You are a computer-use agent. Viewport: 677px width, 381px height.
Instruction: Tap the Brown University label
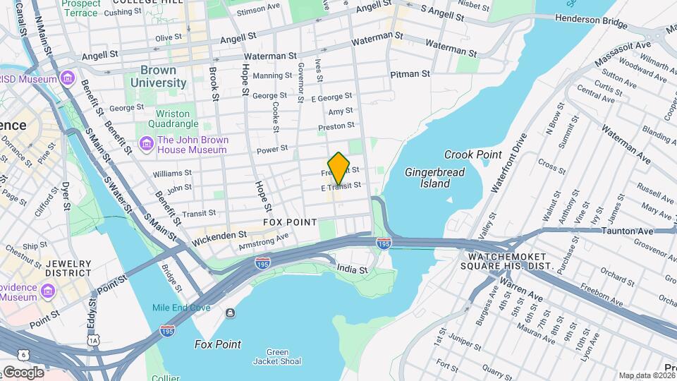(x=163, y=76)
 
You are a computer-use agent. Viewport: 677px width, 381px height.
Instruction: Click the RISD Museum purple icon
(x=67, y=78)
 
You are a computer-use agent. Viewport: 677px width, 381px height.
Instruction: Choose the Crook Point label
(x=472, y=155)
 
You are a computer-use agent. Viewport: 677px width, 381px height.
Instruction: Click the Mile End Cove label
(x=182, y=308)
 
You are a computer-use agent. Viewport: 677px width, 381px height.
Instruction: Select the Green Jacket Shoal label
(x=284, y=356)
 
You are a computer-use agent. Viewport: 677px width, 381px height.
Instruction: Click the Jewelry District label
(x=68, y=268)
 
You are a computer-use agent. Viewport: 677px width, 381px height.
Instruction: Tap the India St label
(x=353, y=270)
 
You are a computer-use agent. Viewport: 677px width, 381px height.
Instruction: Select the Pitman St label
(x=410, y=73)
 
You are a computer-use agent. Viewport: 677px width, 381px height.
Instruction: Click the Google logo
(x=23, y=372)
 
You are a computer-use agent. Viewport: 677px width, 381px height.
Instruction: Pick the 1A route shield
(x=94, y=340)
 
